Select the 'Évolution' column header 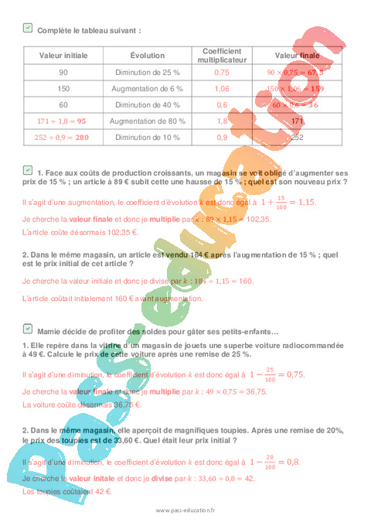(141, 56)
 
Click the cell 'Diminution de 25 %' (141, 72)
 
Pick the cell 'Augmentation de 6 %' (141, 88)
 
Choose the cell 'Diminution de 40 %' (141, 104)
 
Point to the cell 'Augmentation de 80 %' (141, 121)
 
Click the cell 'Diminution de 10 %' (141, 137)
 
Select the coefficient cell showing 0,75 (221, 72)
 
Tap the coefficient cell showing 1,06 (221, 88)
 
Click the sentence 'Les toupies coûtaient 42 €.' (67, 491)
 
